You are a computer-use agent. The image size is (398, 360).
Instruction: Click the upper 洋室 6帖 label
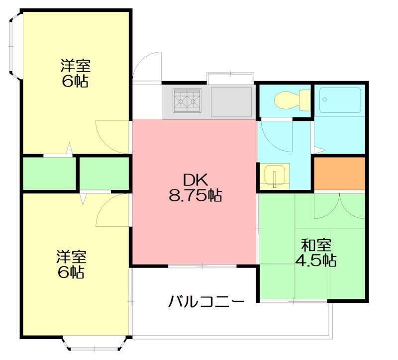75,73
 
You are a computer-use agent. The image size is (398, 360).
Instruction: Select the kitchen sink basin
231,101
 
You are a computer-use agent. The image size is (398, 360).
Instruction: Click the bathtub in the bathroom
340,101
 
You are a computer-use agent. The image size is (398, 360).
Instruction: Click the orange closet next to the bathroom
340,173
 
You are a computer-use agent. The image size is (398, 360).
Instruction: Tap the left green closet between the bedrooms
49,174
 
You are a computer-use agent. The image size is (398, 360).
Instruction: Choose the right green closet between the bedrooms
104,174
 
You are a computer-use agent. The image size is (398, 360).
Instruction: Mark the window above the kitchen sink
230,77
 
